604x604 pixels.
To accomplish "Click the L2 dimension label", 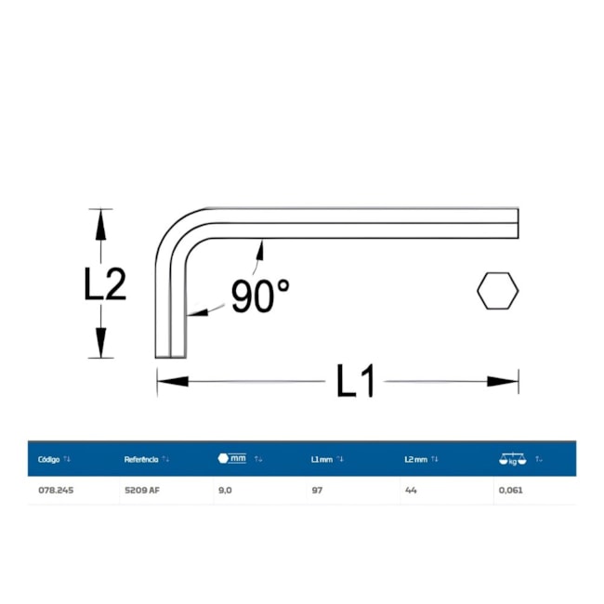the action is [105, 284].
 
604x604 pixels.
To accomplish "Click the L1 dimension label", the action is [355, 381].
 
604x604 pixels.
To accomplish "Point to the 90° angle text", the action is [260, 295].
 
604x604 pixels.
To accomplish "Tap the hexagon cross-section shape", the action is [498, 291].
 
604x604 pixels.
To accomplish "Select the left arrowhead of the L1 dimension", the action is [173, 381].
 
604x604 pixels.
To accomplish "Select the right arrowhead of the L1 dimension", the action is [503, 381].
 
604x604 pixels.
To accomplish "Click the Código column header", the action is [49, 459].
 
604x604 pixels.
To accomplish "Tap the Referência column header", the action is [141, 459].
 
